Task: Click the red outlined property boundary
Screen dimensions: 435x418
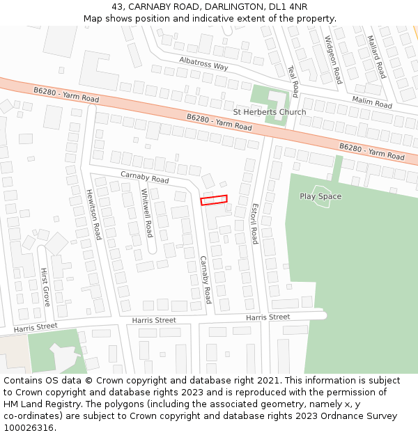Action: click(x=214, y=200)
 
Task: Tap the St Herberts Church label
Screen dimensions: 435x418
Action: click(x=269, y=112)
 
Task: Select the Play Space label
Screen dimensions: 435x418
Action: click(x=320, y=196)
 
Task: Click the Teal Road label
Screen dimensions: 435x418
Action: click(x=293, y=81)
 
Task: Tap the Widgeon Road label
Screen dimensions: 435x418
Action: click(x=333, y=60)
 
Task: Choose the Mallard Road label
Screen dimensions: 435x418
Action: click(x=376, y=56)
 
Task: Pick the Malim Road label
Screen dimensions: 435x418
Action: click(x=372, y=102)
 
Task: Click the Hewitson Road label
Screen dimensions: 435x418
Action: click(x=93, y=214)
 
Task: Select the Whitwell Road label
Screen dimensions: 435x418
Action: click(x=147, y=212)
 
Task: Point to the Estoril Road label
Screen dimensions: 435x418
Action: click(x=255, y=223)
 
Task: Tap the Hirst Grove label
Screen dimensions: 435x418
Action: click(x=45, y=286)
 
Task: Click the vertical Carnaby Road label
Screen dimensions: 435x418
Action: click(x=206, y=280)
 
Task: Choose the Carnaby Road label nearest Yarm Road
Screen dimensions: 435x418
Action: click(x=145, y=178)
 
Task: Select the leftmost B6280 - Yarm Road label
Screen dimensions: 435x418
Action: click(x=66, y=95)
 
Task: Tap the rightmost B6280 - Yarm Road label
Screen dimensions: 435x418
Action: click(x=371, y=152)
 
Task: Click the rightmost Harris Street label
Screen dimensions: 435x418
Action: click(x=268, y=317)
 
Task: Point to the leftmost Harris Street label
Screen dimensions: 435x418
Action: click(x=36, y=326)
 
